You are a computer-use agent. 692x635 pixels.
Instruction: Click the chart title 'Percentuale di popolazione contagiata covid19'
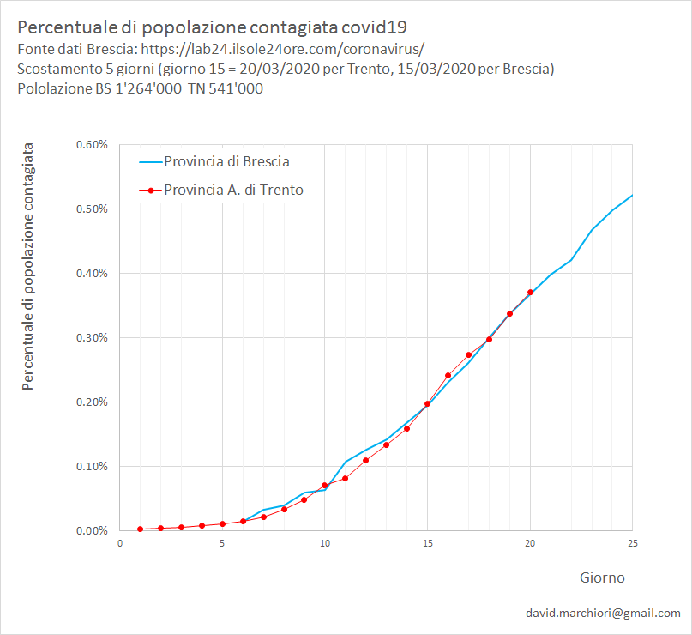pyautogui.click(x=212, y=27)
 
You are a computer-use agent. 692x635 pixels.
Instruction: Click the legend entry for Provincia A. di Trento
pyautogui.click(x=233, y=190)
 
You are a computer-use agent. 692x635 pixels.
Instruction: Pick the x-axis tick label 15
pyautogui.click(x=427, y=543)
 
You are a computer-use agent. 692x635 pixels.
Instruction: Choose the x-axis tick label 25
pyautogui.click(x=632, y=543)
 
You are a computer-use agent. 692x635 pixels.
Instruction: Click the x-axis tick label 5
pyautogui.click(x=222, y=543)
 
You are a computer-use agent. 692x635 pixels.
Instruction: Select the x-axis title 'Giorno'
pyautogui.click(x=600, y=578)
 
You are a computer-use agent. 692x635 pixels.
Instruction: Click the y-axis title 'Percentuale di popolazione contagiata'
pyautogui.click(x=28, y=267)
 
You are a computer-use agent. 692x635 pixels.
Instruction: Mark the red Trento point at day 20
pyautogui.click(x=530, y=293)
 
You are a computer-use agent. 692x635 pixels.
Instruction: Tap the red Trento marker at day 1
pyautogui.click(x=140, y=529)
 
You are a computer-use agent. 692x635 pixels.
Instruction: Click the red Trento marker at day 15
pyautogui.click(x=427, y=403)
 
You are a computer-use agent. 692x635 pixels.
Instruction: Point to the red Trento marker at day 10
pyautogui.click(x=325, y=486)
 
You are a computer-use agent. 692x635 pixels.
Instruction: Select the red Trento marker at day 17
pyautogui.click(x=468, y=354)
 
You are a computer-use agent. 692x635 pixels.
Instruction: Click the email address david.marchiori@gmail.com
pyautogui.click(x=604, y=613)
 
